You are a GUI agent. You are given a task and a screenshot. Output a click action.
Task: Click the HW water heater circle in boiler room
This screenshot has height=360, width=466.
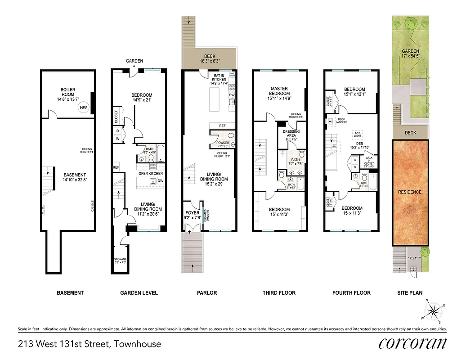83,107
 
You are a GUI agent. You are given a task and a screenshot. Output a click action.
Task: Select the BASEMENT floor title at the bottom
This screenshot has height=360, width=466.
70,293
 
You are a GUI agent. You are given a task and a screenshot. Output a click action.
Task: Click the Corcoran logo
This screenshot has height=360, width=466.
412,343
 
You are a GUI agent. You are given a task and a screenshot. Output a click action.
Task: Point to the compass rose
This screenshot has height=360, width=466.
434,311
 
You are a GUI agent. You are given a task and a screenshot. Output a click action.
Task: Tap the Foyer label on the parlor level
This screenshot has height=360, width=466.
193,215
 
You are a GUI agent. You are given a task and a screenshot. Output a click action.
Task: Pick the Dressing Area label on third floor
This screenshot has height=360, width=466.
291,134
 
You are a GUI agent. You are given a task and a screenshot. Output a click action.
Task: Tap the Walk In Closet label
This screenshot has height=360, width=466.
368,162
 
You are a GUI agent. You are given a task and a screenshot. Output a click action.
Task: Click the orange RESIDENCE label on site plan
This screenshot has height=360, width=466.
410,192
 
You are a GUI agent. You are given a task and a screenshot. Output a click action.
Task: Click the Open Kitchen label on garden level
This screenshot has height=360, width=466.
151,173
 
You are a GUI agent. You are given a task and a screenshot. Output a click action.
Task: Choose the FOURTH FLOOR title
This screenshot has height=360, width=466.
351,293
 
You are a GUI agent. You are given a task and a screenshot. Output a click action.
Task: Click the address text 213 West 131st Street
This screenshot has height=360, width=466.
89,344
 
